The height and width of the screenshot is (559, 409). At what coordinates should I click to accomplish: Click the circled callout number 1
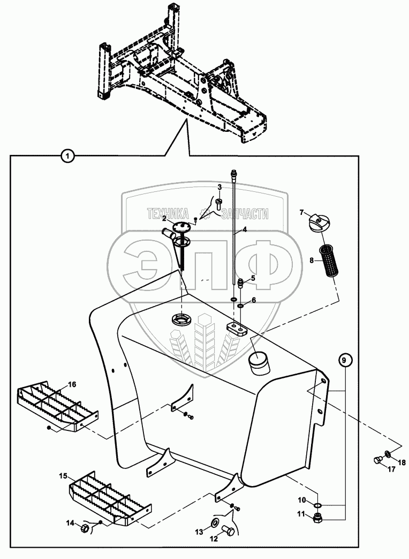click(x=66, y=156)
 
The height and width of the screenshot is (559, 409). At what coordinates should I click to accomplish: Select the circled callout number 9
click(x=345, y=360)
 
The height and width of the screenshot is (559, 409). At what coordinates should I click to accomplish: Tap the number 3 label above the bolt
click(x=219, y=187)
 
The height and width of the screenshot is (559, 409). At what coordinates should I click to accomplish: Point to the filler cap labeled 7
click(x=320, y=222)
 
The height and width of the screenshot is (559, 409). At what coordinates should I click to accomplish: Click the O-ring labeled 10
click(x=317, y=504)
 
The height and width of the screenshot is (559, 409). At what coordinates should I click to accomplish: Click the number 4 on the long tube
click(x=244, y=230)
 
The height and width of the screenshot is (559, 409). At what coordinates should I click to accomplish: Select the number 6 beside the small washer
click(x=254, y=300)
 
